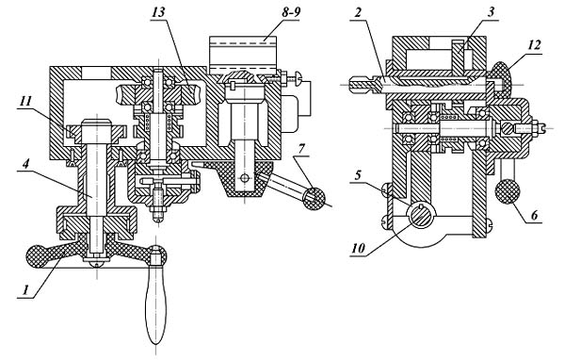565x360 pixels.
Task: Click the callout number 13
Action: click(158, 12)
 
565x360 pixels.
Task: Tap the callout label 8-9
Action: click(291, 11)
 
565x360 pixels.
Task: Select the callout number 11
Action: click(25, 102)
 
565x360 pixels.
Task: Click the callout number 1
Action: click(25, 290)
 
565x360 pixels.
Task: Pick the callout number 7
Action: click(301, 148)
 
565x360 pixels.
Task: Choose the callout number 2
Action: click(357, 13)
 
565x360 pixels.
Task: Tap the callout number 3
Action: click(491, 12)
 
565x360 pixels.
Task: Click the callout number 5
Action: click(358, 175)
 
